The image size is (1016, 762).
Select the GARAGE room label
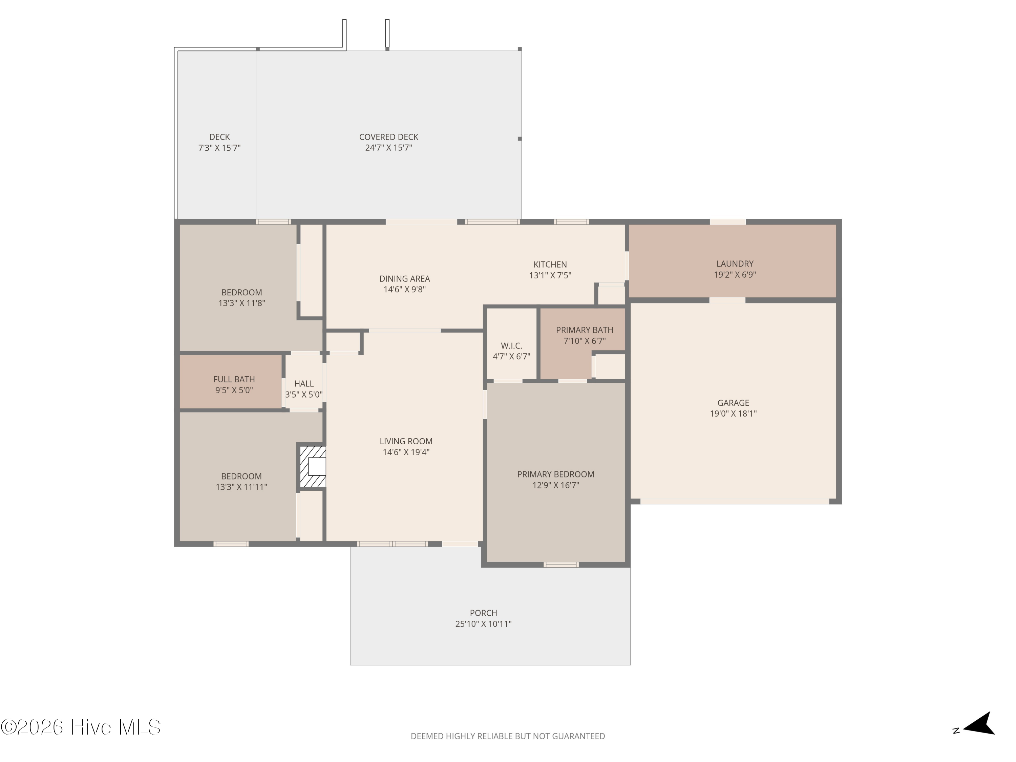[733, 403]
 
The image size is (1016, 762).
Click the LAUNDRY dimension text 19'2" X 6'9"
[735, 275]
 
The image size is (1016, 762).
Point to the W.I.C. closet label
[511, 346]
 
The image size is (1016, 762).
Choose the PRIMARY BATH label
[584, 330]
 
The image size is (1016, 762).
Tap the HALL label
[303, 383]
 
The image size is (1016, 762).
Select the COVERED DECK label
[388, 137]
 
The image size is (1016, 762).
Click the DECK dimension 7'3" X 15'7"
[219, 148]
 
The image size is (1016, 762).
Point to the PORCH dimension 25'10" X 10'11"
[483, 624]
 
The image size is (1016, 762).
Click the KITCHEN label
[550, 264]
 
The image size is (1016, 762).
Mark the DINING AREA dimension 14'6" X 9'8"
[404, 289]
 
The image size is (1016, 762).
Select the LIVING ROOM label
[406, 441]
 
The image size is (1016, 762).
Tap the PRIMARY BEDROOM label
[555, 474]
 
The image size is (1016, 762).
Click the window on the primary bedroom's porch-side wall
[561, 565]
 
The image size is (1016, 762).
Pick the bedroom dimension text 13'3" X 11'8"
[241, 303]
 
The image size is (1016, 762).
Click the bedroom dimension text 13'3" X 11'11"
[241, 487]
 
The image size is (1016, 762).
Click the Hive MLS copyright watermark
[80, 727]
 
